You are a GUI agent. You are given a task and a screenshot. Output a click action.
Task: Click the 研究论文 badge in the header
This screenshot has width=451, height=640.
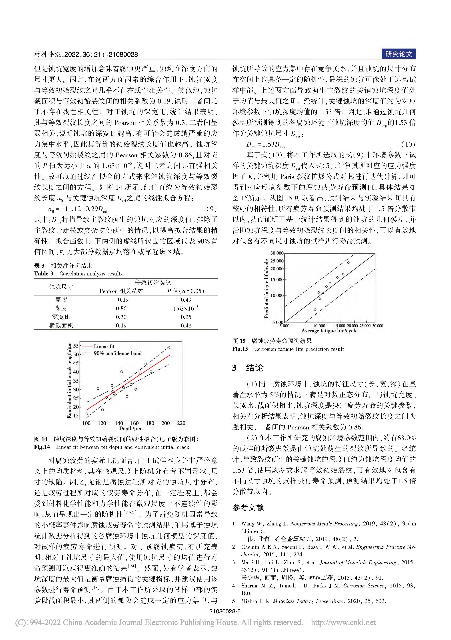[399, 54]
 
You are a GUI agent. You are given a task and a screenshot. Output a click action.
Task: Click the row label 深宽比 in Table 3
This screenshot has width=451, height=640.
[61, 317]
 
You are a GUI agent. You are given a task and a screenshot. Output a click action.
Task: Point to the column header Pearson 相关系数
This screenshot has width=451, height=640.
[121, 291]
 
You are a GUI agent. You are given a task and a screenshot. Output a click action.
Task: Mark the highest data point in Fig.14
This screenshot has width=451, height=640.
[170, 349]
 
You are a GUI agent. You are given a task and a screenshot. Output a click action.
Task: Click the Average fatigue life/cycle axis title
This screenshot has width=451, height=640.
[329, 331]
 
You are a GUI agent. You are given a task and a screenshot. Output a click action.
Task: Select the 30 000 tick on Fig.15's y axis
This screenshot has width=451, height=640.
[277, 253]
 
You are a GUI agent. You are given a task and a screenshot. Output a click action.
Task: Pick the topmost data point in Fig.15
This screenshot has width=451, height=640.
[348, 263]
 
